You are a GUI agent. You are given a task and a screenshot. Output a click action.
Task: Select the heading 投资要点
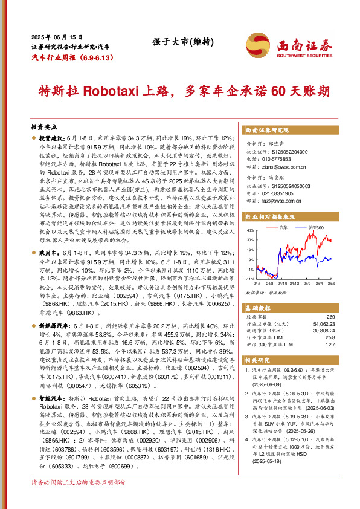pyautogui.click(x=43, y=128)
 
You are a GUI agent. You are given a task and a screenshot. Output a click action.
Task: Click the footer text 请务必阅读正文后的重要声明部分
pyautogui.click(x=79, y=499)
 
